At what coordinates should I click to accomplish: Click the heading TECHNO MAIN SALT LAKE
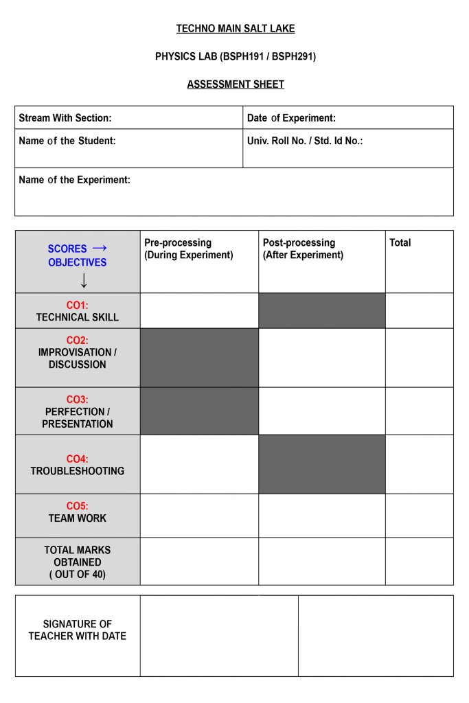[x=236, y=29]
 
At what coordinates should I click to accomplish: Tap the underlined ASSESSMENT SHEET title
[x=236, y=84]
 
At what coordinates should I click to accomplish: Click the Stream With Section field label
[x=65, y=118]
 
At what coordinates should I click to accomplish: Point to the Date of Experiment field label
[x=291, y=118]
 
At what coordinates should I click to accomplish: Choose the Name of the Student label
[x=67, y=141]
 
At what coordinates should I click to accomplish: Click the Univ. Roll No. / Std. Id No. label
[x=305, y=141]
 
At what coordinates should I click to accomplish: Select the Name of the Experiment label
[x=74, y=180]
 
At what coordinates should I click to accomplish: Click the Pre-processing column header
[x=188, y=249]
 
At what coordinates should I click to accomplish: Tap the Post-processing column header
[x=303, y=249]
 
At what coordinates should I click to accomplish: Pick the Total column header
[x=400, y=242]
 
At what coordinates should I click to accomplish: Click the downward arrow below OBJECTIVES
[x=84, y=280]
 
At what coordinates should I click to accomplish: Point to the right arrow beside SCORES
[x=100, y=248]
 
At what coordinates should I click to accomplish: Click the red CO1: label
[x=77, y=305]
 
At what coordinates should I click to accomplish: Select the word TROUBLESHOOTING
[x=78, y=471]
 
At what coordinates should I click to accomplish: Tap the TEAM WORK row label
[x=78, y=518]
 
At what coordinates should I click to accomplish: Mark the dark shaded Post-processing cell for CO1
[x=321, y=310]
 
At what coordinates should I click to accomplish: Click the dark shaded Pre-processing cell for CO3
[x=199, y=411]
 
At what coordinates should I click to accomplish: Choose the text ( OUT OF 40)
[x=78, y=575]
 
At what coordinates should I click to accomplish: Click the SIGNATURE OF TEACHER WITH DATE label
[x=78, y=630]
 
